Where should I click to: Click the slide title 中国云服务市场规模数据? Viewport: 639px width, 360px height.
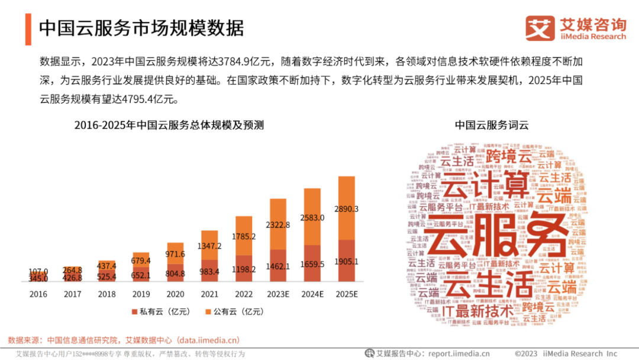pyautogui.click(x=141, y=28)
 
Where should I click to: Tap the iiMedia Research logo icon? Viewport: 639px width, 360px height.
pyautogui.click(x=540, y=28)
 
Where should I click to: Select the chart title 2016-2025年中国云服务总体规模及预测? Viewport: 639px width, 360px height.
pyautogui.click(x=169, y=125)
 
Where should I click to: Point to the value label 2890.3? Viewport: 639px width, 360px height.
pyautogui.click(x=346, y=209)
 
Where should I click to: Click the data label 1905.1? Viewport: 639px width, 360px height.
pyautogui.click(x=346, y=262)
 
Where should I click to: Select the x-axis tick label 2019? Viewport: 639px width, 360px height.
pyautogui.click(x=140, y=293)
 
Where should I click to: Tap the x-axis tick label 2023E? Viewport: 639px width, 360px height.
pyautogui.click(x=277, y=293)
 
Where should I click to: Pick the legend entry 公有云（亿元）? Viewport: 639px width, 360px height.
pyautogui.click(x=231, y=311)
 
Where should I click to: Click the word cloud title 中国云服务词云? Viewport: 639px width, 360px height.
pyautogui.click(x=491, y=125)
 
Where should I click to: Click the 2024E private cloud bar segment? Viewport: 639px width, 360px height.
pyautogui.click(x=312, y=264)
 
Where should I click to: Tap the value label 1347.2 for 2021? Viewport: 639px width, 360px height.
pyautogui.click(x=209, y=246)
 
